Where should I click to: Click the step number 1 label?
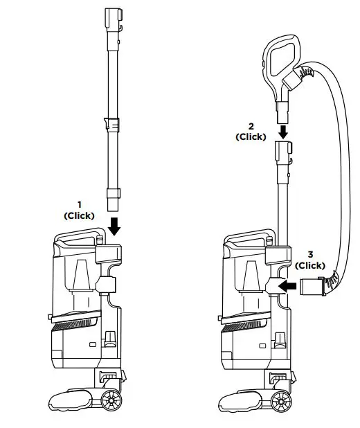[79, 204]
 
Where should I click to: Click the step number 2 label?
[251, 126]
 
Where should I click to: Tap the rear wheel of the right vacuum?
[282, 401]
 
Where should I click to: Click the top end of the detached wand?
[113, 17]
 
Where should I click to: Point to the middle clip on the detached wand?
[113, 125]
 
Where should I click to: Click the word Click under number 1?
[79, 215]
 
